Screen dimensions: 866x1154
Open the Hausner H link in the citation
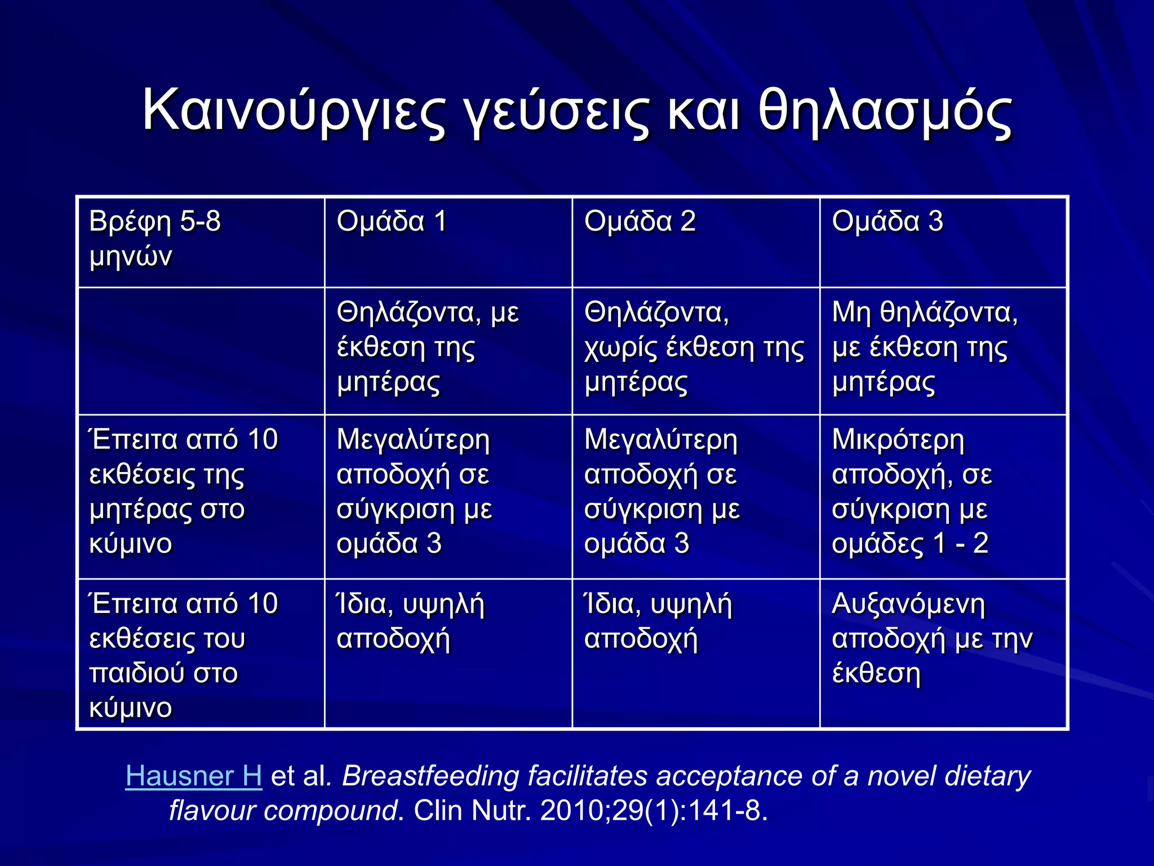point(193,776)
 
